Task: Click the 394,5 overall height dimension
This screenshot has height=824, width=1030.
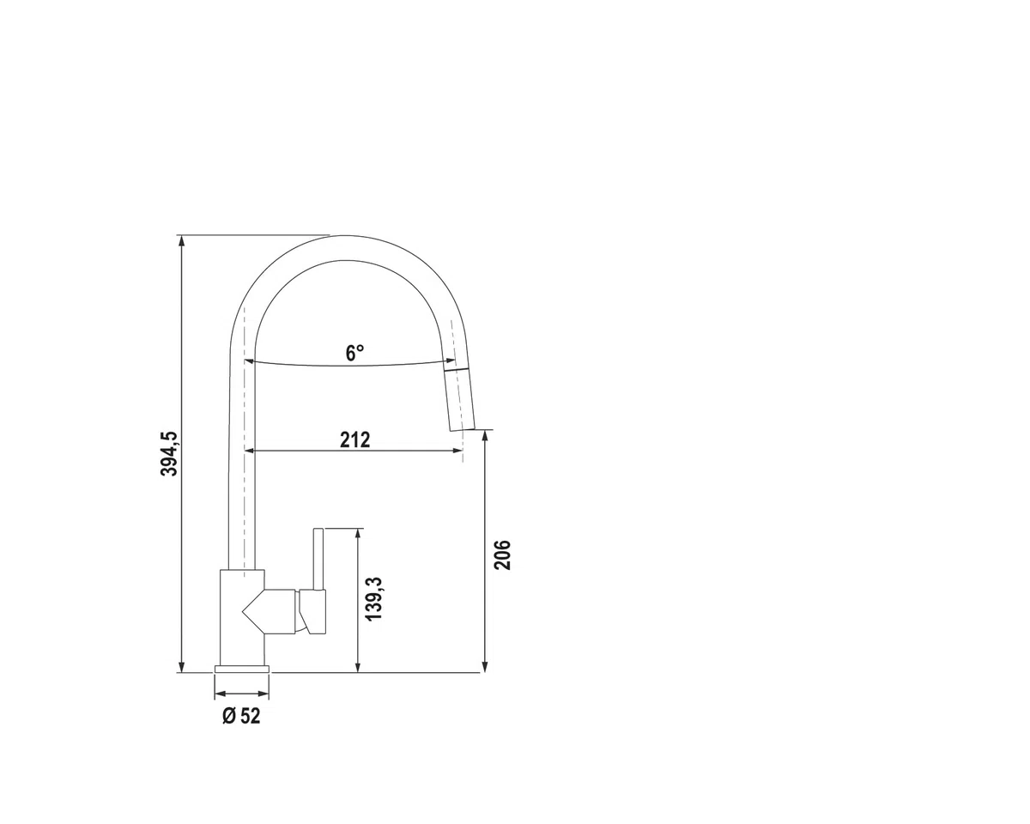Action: pos(169,454)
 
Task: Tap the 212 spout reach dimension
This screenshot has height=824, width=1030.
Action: pos(355,439)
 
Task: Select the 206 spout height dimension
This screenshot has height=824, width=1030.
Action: pos(503,555)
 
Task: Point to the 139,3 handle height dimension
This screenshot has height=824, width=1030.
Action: pos(374,599)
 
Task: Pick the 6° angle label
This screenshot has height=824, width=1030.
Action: pos(354,354)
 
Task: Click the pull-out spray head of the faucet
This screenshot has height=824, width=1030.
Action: pos(460,400)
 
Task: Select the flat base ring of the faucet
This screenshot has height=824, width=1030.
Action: pos(242,669)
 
